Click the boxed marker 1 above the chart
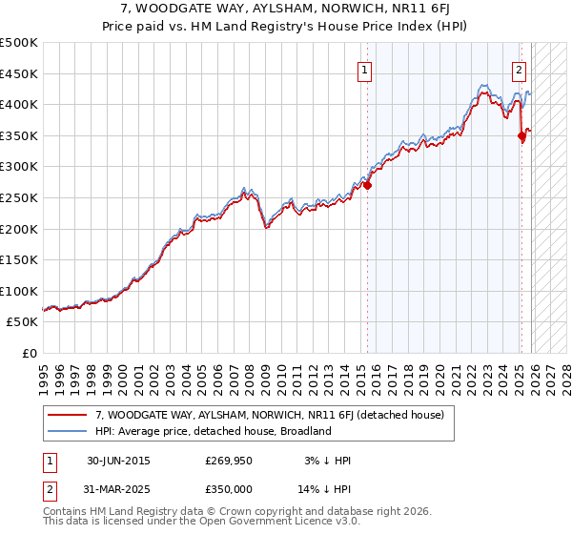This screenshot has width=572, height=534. [365, 69]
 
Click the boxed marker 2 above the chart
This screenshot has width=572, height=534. [520, 69]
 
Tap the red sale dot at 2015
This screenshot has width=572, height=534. [368, 185]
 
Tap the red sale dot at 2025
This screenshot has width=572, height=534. [521, 136]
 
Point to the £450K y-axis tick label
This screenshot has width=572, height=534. [19, 73]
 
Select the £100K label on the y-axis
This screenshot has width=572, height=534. [19, 291]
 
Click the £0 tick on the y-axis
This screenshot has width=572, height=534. [29, 353]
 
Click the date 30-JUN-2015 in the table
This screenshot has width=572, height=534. [118, 461]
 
